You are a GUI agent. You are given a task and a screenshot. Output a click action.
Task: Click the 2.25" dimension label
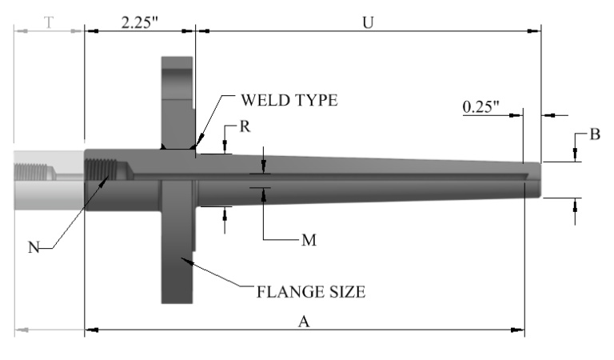(x=140, y=22)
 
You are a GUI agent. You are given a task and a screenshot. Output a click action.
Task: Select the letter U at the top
(x=369, y=22)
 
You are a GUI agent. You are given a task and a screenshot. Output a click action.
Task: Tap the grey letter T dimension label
(x=50, y=22)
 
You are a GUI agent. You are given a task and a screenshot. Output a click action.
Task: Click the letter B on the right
(x=595, y=134)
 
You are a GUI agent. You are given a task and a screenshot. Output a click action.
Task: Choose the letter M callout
(x=308, y=239)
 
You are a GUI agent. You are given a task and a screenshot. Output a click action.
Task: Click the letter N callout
(x=33, y=247)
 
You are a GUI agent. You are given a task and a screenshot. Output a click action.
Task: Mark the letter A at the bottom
(x=303, y=322)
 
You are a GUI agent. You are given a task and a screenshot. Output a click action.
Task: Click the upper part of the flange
(x=177, y=88)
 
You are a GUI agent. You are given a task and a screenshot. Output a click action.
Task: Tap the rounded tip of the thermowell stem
(x=534, y=180)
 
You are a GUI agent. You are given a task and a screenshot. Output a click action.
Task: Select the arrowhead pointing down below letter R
(x=225, y=148)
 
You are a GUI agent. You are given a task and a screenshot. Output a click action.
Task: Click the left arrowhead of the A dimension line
(x=90, y=328)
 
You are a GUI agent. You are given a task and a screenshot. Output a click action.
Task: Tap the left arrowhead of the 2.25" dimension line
(x=90, y=31)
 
